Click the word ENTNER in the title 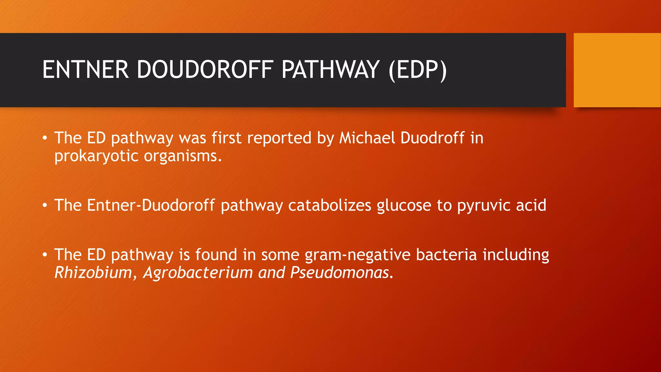86,69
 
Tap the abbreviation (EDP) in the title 418,70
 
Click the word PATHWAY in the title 330,69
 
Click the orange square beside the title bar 617,70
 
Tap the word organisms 183,156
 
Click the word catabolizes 330,205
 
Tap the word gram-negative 358,255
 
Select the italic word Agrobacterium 198,273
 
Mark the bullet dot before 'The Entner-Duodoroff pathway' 45,205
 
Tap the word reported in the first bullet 279,139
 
